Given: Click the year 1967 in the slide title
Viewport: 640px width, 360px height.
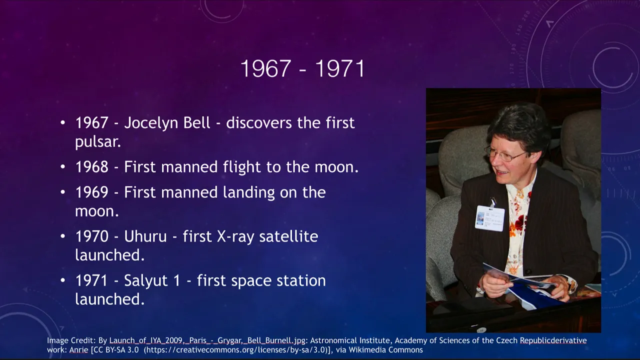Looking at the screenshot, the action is pyautogui.click(x=265, y=68).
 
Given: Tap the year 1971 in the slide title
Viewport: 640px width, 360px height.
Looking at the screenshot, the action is pyautogui.click(x=340, y=68).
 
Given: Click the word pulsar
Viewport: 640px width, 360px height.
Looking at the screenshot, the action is pyautogui.click(x=98, y=141).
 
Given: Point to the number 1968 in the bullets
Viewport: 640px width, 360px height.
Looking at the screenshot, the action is pyautogui.click(x=91, y=167).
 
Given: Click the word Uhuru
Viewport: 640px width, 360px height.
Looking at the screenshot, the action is pyautogui.click(x=145, y=236).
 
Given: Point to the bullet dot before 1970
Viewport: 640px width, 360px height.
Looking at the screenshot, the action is pyautogui.click(x=63, y=236).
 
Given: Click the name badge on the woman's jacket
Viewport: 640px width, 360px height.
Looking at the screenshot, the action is pyautogui.click(x=489, y=218).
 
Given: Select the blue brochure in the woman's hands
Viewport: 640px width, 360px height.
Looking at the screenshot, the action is pyautogui.click(x=525, y=285).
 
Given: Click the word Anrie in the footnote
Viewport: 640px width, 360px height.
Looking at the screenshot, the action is pyautogui.click(x=79, y=350).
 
